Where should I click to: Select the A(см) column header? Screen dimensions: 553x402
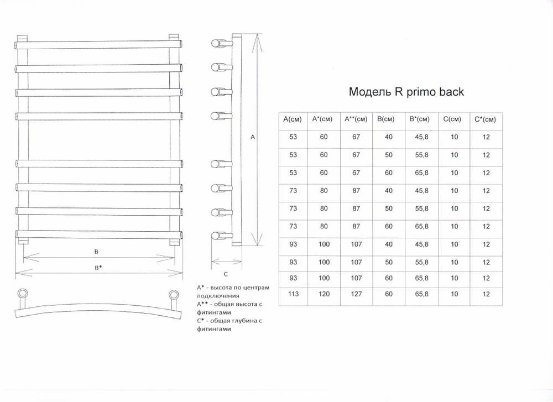(293, 119)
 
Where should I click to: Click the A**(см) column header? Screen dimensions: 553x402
(356, 119)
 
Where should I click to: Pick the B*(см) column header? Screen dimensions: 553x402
(419, 119)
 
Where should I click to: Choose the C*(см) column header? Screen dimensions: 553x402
(486, 119)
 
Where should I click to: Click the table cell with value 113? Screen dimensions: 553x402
(293, 294)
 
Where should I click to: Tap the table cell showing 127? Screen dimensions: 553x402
(356, 294)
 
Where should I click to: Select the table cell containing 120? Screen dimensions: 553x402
(324, 294)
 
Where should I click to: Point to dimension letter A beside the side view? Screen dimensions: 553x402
(253, 137)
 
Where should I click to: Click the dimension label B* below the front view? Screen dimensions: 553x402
(98, 268)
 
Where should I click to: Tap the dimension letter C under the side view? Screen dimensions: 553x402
(226, 274)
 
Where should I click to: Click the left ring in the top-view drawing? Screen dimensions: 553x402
(23, 294)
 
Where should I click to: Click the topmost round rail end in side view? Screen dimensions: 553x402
(216, 43)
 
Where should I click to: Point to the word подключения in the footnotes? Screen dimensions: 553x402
(218, 296)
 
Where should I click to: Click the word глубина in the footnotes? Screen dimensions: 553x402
(244, 321)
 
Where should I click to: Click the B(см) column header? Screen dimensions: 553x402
(385, 119)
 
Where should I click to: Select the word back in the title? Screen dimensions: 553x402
(451, 92)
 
